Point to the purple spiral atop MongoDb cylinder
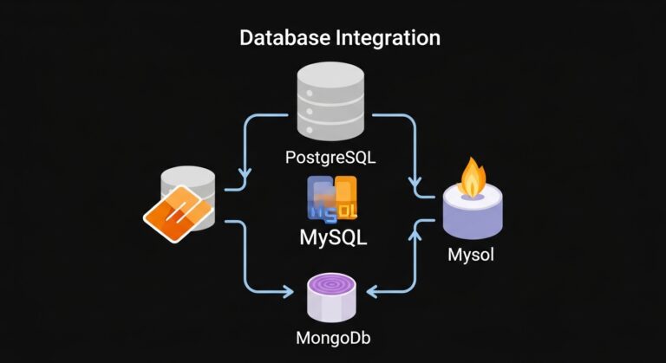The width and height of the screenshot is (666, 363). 334,285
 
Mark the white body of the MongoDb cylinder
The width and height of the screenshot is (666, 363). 334,306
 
